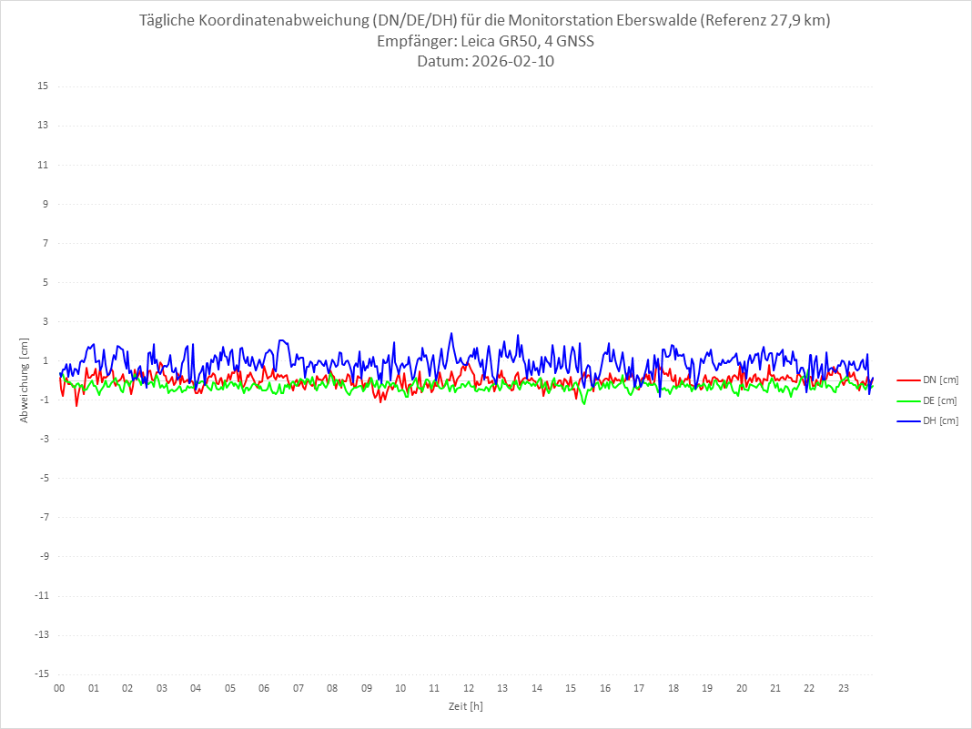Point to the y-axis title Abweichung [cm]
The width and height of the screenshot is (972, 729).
coord(25,380)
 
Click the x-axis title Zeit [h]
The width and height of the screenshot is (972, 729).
coord(465,705)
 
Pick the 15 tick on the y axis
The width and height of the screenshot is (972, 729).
coord(42,86)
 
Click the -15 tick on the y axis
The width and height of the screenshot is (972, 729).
coord(40,673)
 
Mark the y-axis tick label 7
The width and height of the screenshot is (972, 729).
coord(44,243)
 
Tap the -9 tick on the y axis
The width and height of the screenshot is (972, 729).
coord(42,556)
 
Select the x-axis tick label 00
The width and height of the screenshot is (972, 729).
coord(59,688)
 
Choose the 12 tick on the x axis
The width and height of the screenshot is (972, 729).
coord(469,688)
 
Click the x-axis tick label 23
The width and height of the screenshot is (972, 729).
coord(844,688)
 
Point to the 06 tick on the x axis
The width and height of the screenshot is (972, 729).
coord(264,688)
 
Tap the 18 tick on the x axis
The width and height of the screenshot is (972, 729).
coord(673,688)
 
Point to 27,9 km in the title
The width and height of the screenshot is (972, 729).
coord(797,20)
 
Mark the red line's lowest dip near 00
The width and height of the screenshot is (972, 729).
coord(76,405)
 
